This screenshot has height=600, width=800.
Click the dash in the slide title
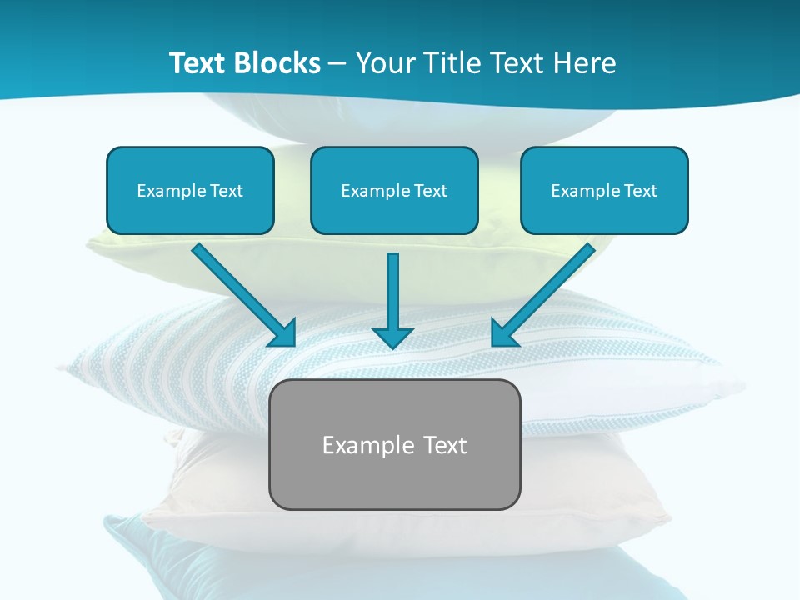(337, 64)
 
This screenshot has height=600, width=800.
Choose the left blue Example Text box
(190, 190)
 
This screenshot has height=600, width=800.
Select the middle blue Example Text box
(394, 190)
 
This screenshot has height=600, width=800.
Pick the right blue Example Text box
(604, 190)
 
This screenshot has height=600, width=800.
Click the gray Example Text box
(394, 444)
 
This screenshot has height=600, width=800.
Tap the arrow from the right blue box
(547, 291)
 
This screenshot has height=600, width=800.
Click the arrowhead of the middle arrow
(392, 337)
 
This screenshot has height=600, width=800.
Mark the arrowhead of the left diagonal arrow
(283, 332)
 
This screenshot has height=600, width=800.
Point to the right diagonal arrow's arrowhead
(504, 332)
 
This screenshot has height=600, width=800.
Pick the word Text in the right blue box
(640, 191)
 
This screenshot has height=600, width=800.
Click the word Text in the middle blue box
(430, 191)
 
